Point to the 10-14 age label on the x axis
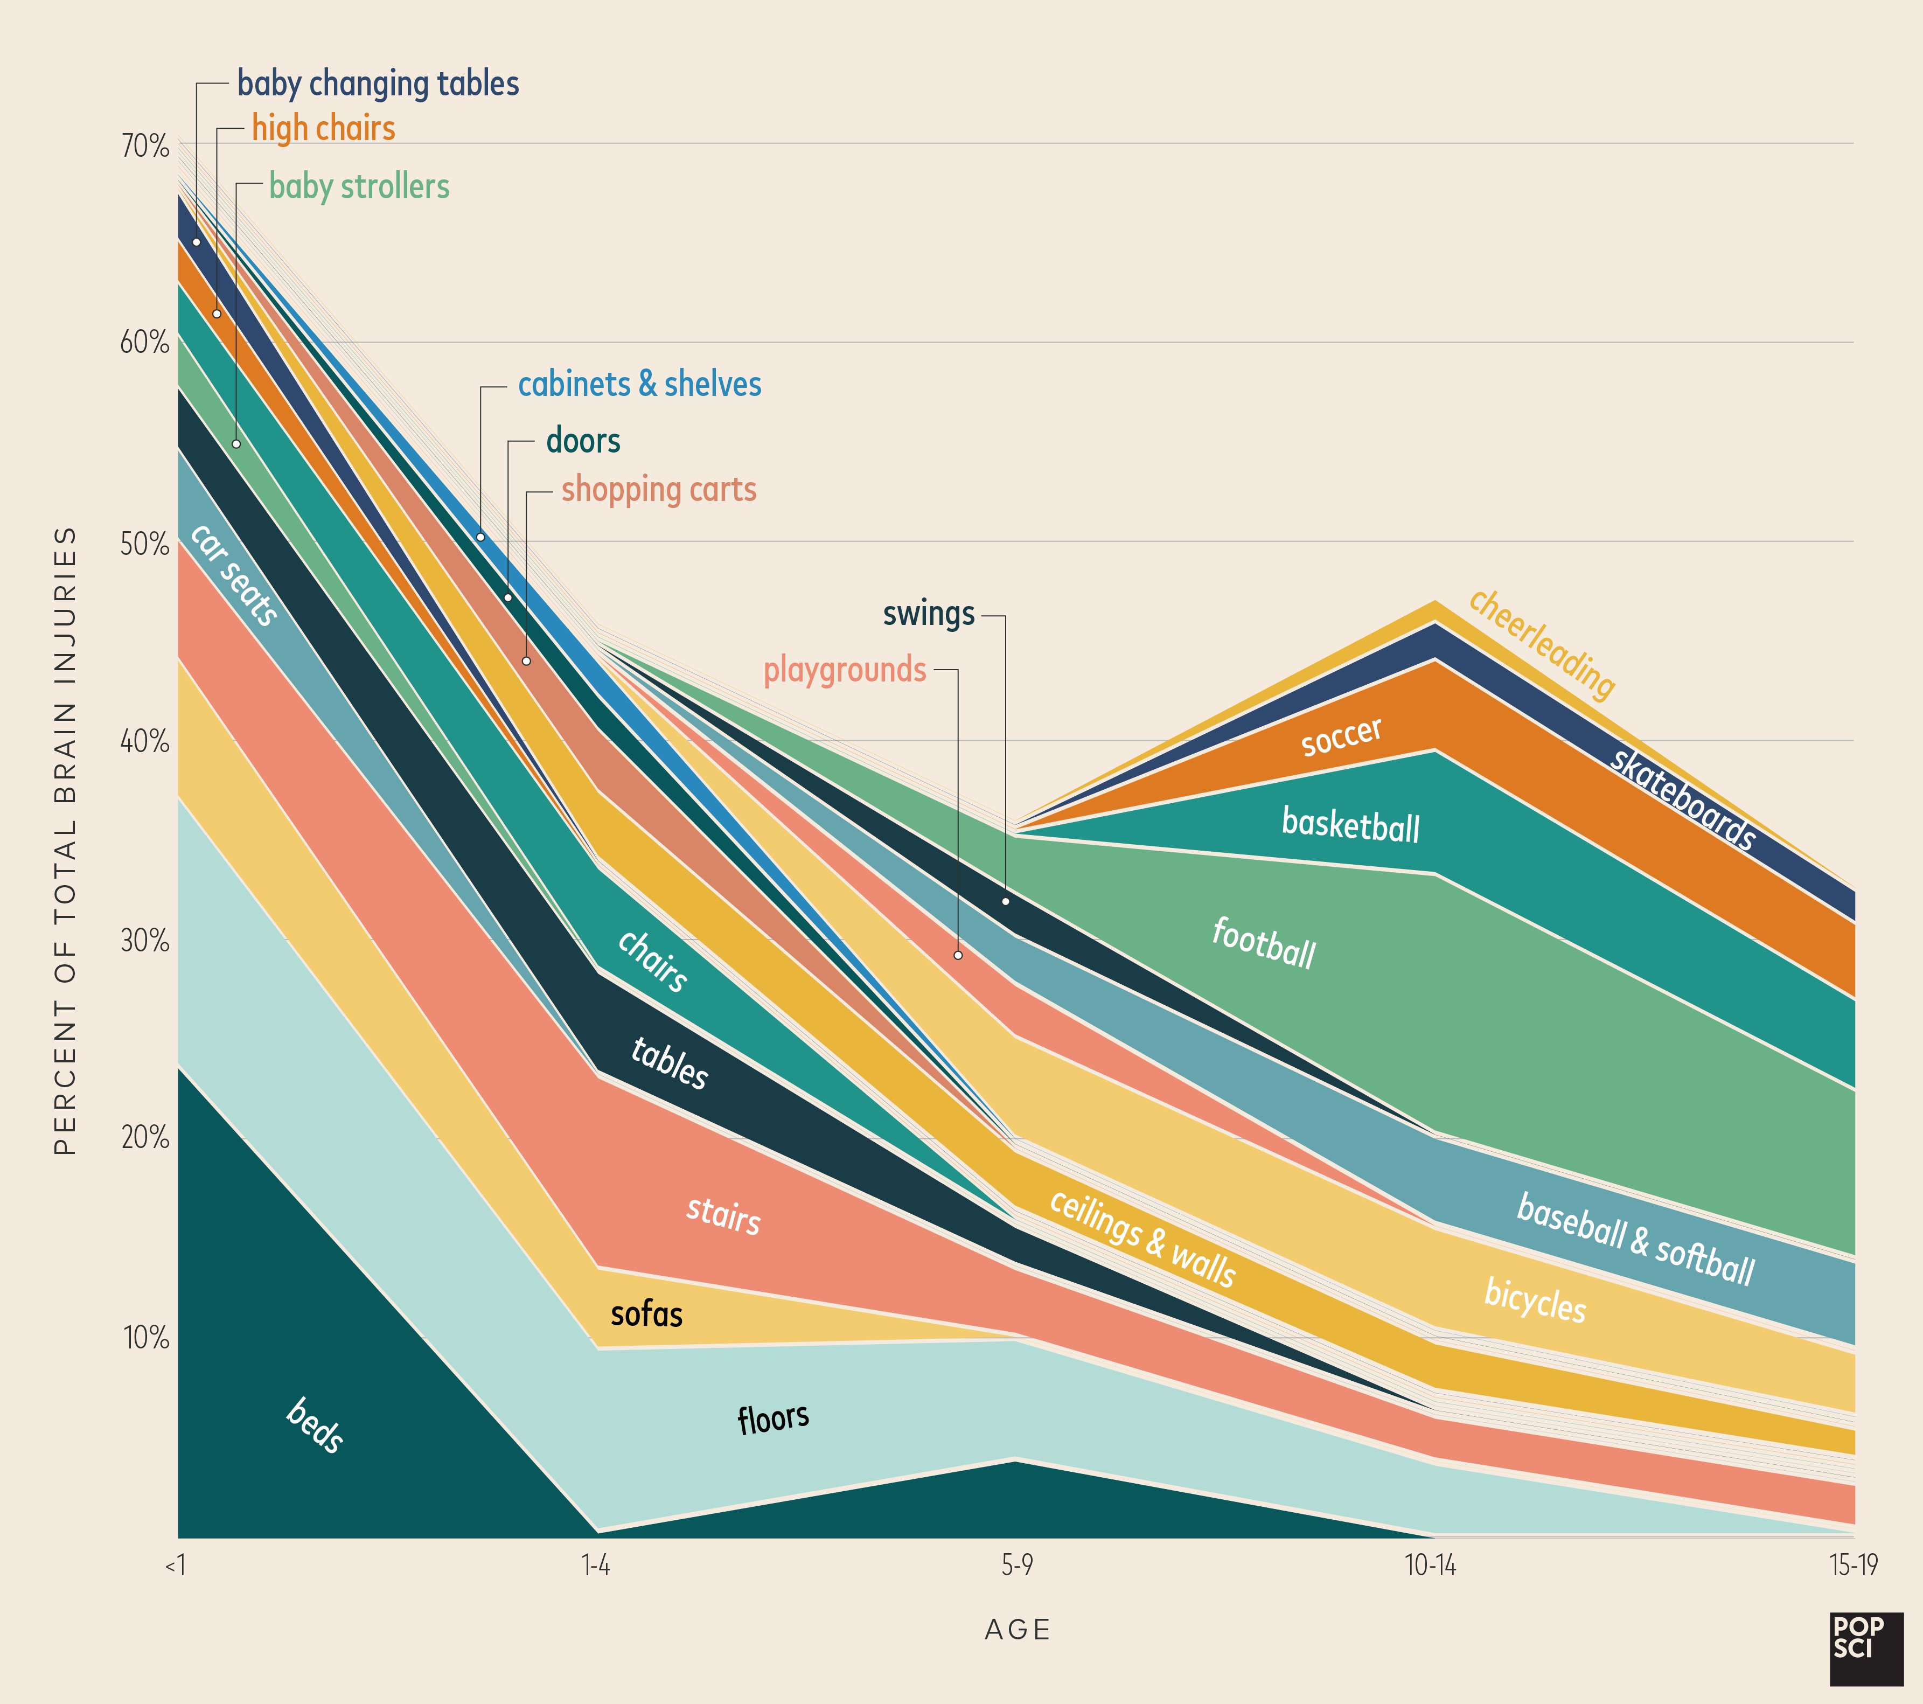pos(1430,1566)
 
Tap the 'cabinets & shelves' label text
pos(640,385)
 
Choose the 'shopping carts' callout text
pos(659,490)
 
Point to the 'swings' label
pos(929,614)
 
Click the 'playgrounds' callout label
pos(845,670)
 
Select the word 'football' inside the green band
pos(1264,943)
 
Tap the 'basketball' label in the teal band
pos(1350,825)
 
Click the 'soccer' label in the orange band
pos(1342,736)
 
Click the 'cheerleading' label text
pos(1541,644)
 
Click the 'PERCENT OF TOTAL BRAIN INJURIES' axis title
pos(64,840)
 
